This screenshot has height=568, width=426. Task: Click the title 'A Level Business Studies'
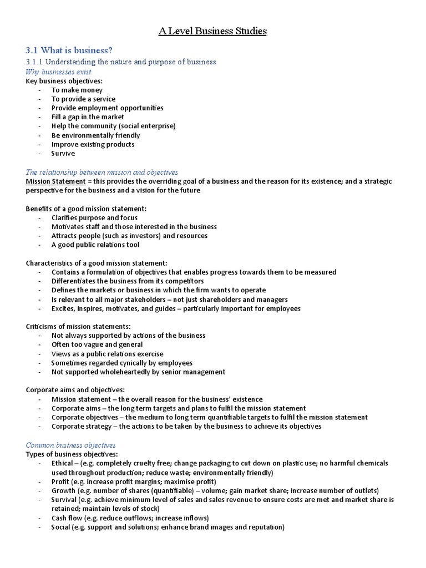click(212, 31)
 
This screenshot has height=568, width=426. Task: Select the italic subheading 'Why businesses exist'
click(59, 72)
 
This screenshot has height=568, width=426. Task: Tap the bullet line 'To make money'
click(77, 90)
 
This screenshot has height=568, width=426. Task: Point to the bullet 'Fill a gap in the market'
click(88, 117)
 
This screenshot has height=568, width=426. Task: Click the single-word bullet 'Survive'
click(63, 153)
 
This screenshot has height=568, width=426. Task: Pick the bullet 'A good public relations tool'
click(95, 245)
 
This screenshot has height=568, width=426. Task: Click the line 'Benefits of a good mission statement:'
click(86, 209)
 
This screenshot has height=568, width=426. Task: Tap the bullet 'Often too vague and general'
click(97, 344)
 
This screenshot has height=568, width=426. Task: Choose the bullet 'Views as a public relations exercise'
click(107, 354)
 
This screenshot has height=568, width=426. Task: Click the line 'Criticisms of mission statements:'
click(78, 327)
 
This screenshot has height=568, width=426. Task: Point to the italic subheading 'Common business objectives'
click(71, 445)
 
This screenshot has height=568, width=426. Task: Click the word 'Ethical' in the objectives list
click(62, 463)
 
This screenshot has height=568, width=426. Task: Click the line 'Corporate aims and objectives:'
click(75, 390)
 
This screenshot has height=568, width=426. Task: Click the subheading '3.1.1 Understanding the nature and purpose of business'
click(121, 62)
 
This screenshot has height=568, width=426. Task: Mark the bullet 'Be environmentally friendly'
click(95, 135)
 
